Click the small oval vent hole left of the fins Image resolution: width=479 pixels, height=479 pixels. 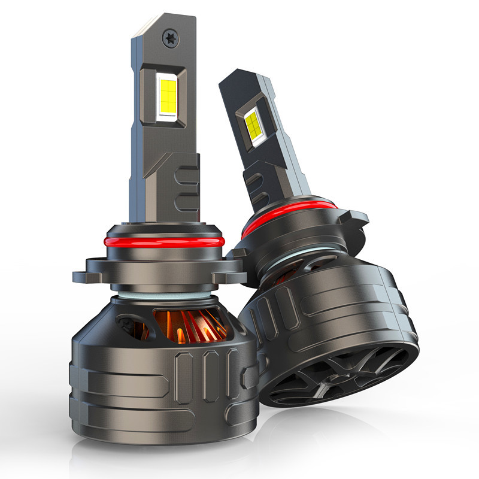tap(128, 324)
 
